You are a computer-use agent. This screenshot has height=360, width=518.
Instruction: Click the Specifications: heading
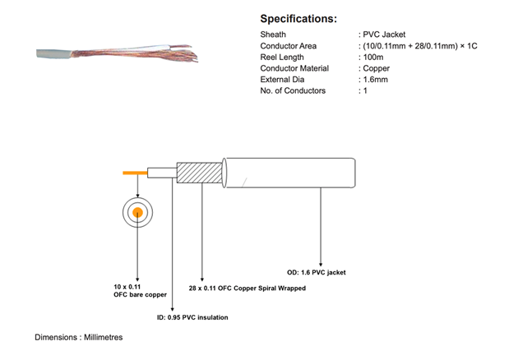[x=298, y=19]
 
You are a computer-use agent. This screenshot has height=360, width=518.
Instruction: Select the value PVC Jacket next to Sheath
[x=384, y=35]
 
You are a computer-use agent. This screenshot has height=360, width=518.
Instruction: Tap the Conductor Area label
[x=288, y=46]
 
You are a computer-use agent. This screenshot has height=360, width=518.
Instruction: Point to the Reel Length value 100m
[x=373, y=58]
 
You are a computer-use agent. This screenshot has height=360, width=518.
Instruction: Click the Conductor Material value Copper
[x=377, y=68]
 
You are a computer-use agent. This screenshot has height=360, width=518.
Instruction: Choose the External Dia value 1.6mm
[x=375, y=80]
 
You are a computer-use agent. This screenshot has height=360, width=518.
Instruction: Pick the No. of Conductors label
[x=293, y=90]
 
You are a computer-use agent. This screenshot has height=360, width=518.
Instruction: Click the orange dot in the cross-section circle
[x=138, y=213]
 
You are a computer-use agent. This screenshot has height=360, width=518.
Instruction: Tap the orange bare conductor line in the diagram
[x=135, y=173]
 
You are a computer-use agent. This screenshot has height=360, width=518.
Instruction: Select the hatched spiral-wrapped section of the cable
[x=199, y=173]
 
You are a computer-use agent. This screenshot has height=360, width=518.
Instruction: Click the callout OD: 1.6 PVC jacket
[x=317, y=273]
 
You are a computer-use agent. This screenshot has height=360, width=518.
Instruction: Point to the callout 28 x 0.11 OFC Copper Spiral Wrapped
[x=247, y=288]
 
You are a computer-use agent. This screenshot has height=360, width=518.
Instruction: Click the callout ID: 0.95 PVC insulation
[x=192, y=317]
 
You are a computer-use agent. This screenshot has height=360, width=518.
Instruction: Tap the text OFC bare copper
[x=140, y=294]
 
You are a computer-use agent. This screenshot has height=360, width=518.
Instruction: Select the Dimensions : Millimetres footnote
[x=79, y=337]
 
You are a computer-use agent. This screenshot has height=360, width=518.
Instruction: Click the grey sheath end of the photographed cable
[x=53, y=53]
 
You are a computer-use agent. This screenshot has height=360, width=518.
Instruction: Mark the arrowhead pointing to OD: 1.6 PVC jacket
[x=321, y=265]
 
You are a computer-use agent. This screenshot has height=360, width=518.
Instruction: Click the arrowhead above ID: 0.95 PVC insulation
[x=172, y=310]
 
